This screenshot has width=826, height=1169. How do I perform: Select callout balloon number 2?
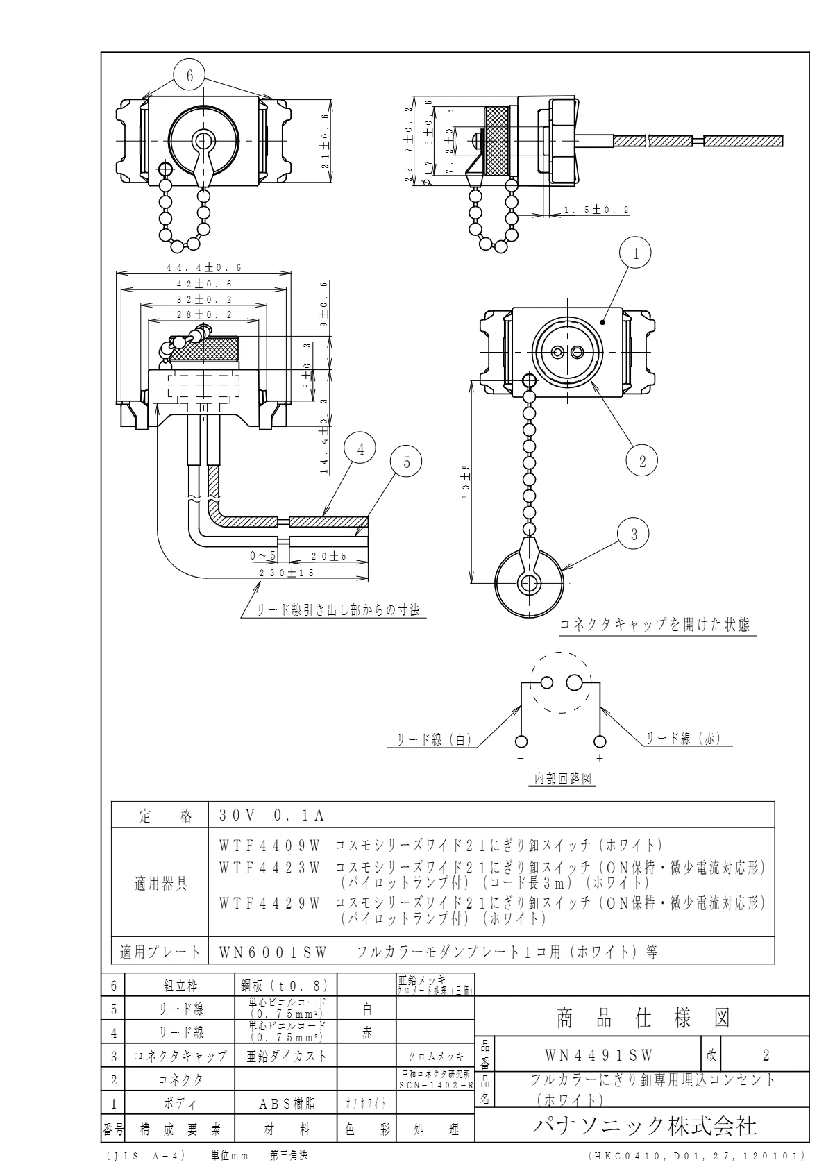pos(642,461)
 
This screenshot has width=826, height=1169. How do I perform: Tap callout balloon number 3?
pos(632,535)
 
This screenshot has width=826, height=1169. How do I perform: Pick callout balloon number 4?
pos(360,450)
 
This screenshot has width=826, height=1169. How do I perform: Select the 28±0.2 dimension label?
pos(204,314)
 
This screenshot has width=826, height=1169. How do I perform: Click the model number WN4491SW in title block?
pos(599,1056)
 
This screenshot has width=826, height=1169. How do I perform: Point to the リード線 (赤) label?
pos(683,739)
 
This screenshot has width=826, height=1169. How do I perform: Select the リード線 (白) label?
pos(434,740)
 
